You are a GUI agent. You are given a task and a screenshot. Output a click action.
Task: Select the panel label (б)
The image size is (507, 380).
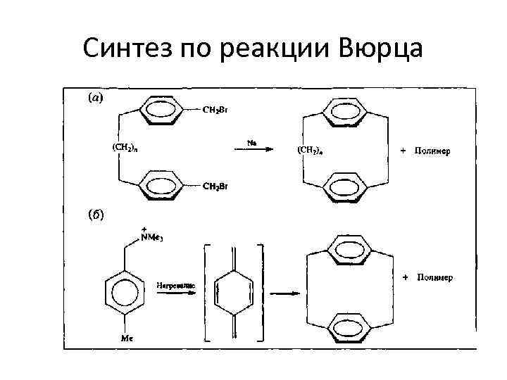point(94,215)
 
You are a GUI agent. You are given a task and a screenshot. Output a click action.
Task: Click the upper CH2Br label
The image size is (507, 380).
point(215,110)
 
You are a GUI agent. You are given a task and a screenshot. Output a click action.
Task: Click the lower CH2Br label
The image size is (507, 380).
point(215,186)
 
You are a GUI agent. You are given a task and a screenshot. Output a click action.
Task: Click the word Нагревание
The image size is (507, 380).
point(176,286)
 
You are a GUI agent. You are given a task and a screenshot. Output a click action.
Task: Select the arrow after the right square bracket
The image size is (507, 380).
point(282,294)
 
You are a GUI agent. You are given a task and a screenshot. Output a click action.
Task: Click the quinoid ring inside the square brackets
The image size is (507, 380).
point(232,293)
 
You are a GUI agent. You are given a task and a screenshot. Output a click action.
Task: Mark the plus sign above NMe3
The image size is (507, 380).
point(144,229)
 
